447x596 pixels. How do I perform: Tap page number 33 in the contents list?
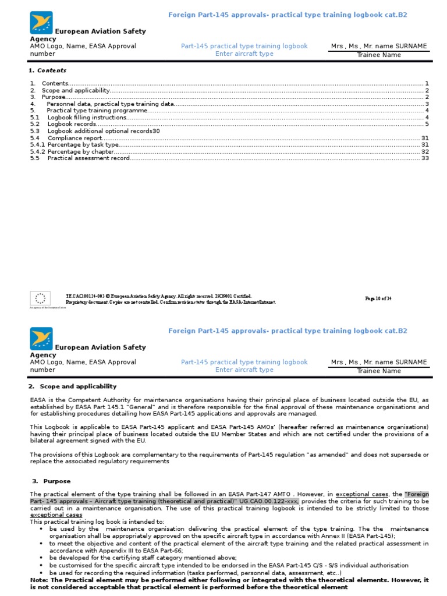425,158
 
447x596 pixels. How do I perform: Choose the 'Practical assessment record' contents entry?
88,158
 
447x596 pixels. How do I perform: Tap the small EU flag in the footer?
40,299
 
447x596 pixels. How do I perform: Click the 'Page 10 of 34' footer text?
378,298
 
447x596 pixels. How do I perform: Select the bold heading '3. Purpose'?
51,481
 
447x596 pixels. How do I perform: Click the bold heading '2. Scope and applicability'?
73,386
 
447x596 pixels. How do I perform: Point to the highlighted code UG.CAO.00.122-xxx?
268,501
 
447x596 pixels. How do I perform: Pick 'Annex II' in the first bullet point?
332,536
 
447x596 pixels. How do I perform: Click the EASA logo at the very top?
41,22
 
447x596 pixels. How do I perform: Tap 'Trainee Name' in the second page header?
379,371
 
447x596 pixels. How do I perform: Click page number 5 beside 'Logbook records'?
427,124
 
